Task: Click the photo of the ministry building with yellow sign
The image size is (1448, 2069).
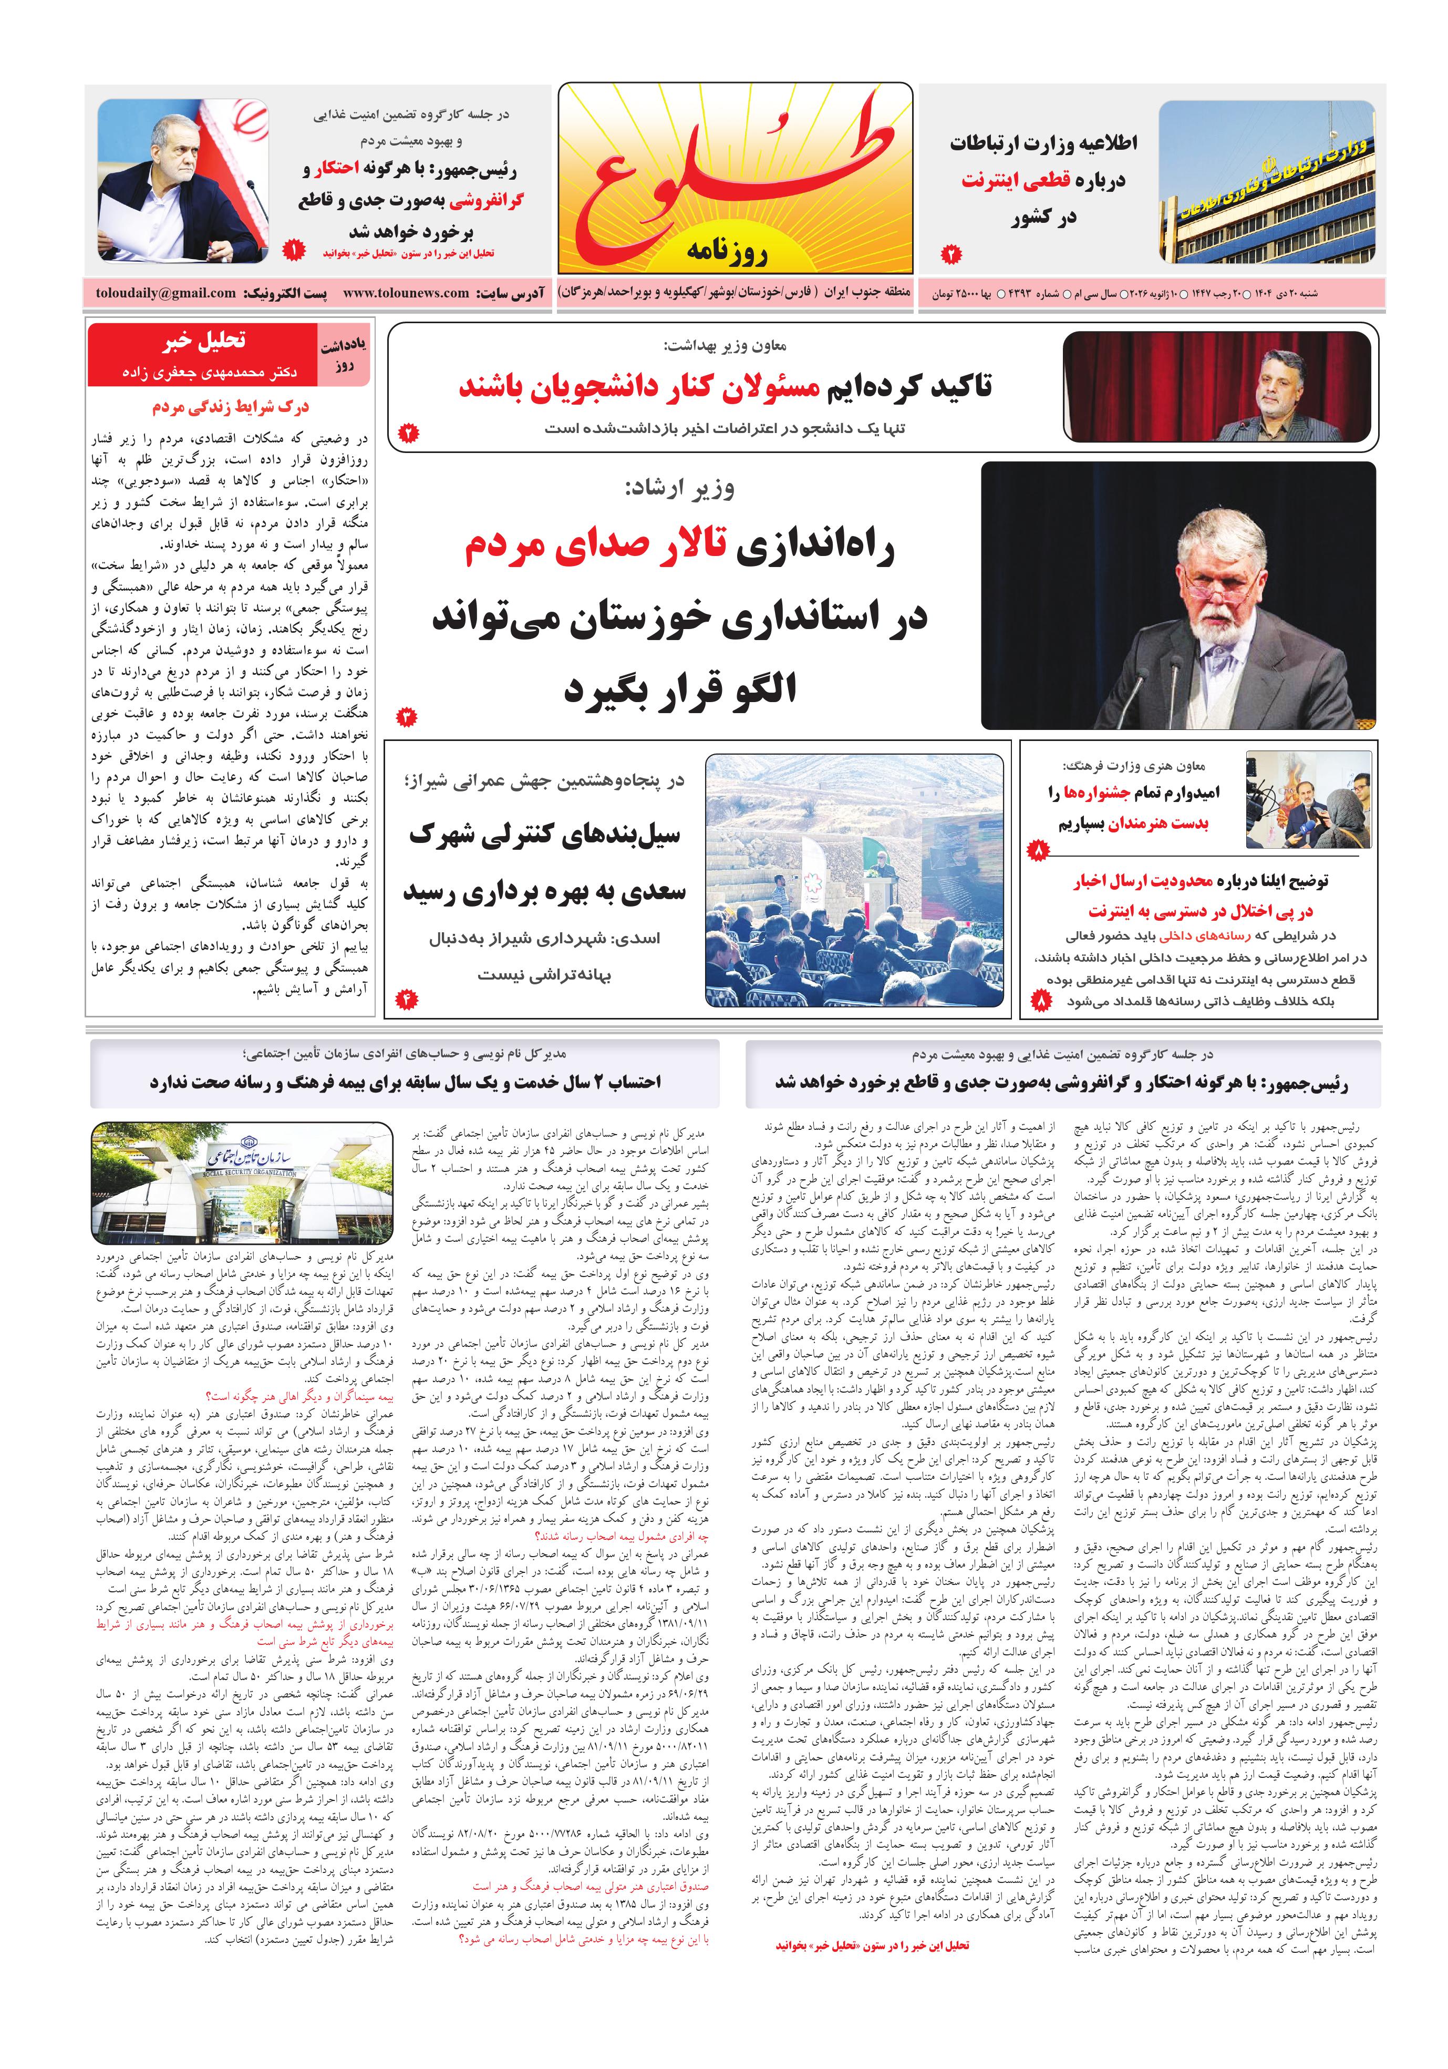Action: [1267, 181]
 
